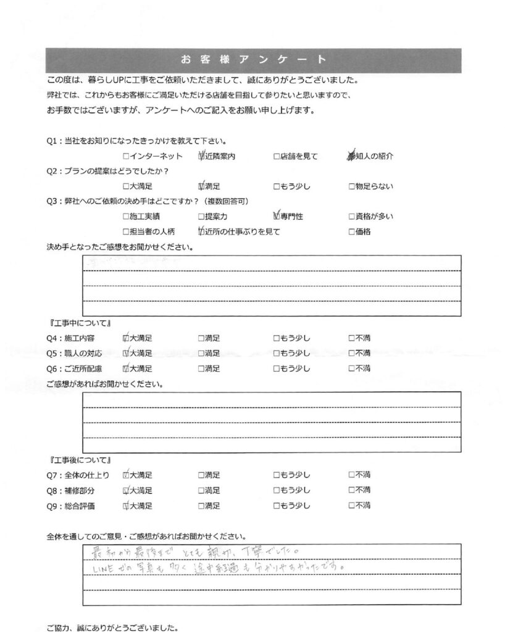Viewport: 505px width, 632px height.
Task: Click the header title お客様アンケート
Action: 252,60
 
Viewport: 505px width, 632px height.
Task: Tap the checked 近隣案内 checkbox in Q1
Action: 201,157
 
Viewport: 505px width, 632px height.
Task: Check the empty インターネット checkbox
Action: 126,157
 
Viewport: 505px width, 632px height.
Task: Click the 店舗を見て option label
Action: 299,157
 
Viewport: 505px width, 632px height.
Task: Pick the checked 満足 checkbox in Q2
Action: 201,186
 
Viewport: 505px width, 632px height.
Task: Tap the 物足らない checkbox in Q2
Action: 351,186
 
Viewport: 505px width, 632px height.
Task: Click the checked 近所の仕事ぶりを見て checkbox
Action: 201,232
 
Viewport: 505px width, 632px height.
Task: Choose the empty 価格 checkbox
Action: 351,232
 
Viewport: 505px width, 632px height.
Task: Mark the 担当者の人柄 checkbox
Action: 126,232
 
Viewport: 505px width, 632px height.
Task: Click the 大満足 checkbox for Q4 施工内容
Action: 126,338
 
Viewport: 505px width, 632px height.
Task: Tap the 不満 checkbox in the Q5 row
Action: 351,353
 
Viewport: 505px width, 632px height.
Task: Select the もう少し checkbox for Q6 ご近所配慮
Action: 276,368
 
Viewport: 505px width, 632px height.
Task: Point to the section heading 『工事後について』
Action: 78,460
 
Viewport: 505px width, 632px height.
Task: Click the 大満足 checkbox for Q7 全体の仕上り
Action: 126,475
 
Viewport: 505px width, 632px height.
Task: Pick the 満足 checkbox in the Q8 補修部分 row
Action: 201,491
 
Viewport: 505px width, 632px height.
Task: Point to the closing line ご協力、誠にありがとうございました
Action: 112,628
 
